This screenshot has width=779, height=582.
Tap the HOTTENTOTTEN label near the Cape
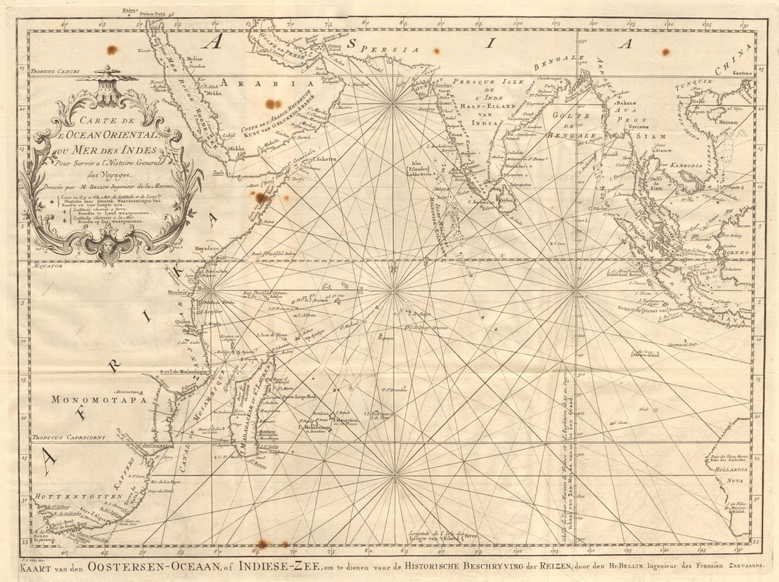74,497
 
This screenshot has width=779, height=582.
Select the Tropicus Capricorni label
68,438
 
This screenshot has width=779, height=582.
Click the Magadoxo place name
207,250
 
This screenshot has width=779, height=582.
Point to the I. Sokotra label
323,159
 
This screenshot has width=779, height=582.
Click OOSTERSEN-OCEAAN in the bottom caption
150,567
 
